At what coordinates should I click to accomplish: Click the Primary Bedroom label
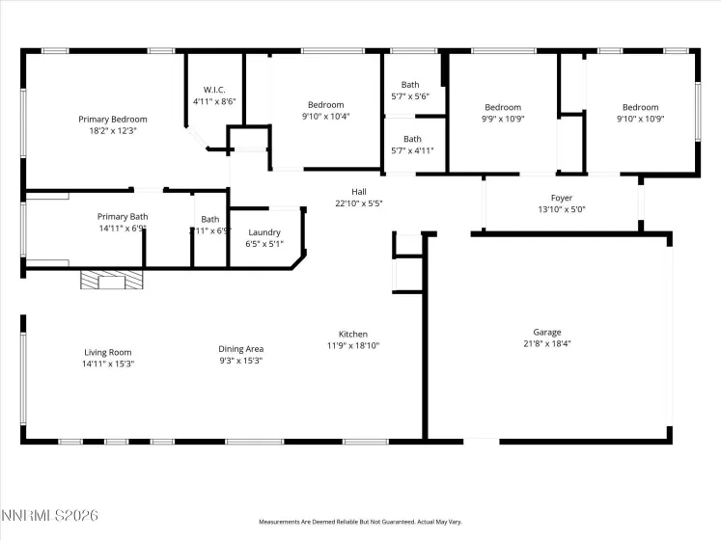pyautogui.click(x=107, y=120)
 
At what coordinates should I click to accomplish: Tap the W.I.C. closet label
pyautogui.click(x=214, y=90)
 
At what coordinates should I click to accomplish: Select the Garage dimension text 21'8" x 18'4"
pyautogui.click(x=546, y=343)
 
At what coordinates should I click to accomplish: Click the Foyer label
pyautogui.click(x=561, y=198)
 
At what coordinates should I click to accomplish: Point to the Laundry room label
pyautogui.click(x=264, y=232)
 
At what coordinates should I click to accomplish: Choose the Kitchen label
pyautogui.click(x=352, y=335)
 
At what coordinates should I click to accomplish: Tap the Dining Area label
pyautogui.click(x=241, y=349)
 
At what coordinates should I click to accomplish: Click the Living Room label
pyautogui.click(x=107, y=352)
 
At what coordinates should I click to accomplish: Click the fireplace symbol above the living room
pyautogui.click(x=110, y=280)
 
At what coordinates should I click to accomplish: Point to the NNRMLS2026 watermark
pyautogui.click(x=50, y=518)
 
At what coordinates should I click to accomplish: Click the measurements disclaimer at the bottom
pyautogui.click(x=360, y=522)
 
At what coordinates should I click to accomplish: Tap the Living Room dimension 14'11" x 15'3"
pyautogui.click(x=107, y=363)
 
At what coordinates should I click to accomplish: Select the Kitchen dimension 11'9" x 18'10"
pyautogui.click(x=352, y=345)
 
